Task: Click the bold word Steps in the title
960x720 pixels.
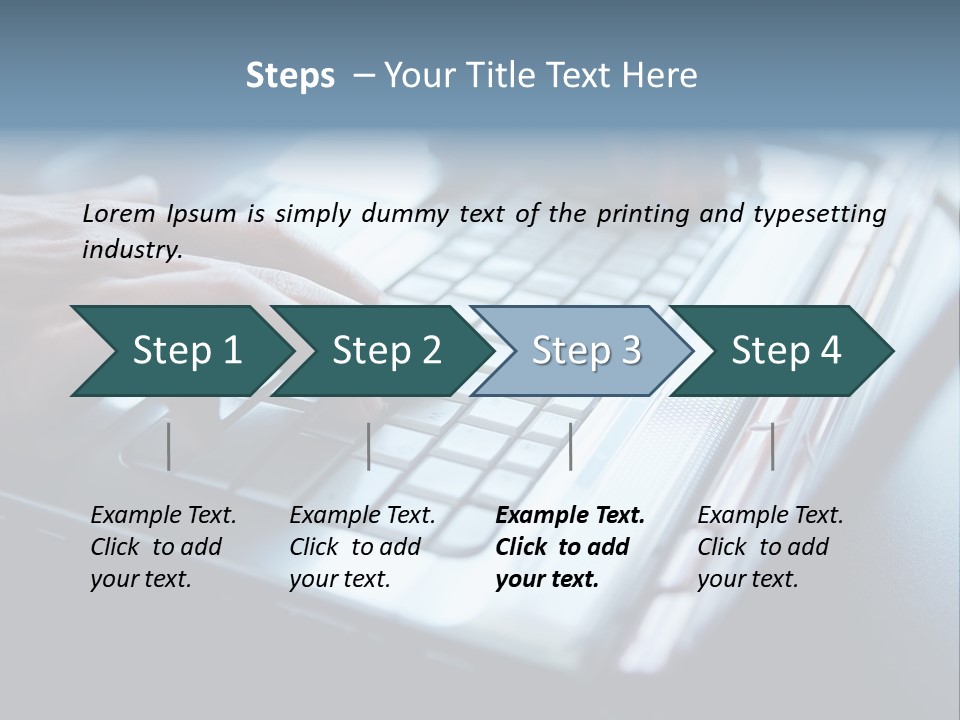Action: pos(290,76)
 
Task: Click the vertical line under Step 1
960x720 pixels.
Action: pos(169,446)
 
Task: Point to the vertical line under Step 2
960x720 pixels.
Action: pos(369,446)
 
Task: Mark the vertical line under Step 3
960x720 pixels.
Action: pos(571,446)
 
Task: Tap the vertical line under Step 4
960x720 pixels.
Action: pos(772,446)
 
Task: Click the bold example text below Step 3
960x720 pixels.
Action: pos(570,547)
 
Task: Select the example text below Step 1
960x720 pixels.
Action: pos(163,547)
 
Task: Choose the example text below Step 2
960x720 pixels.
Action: pos(362,547)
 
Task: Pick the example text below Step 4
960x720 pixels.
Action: pos(770,547)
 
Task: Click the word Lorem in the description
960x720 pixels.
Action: pos(119,214)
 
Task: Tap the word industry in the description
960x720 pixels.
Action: pos(131,250)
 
